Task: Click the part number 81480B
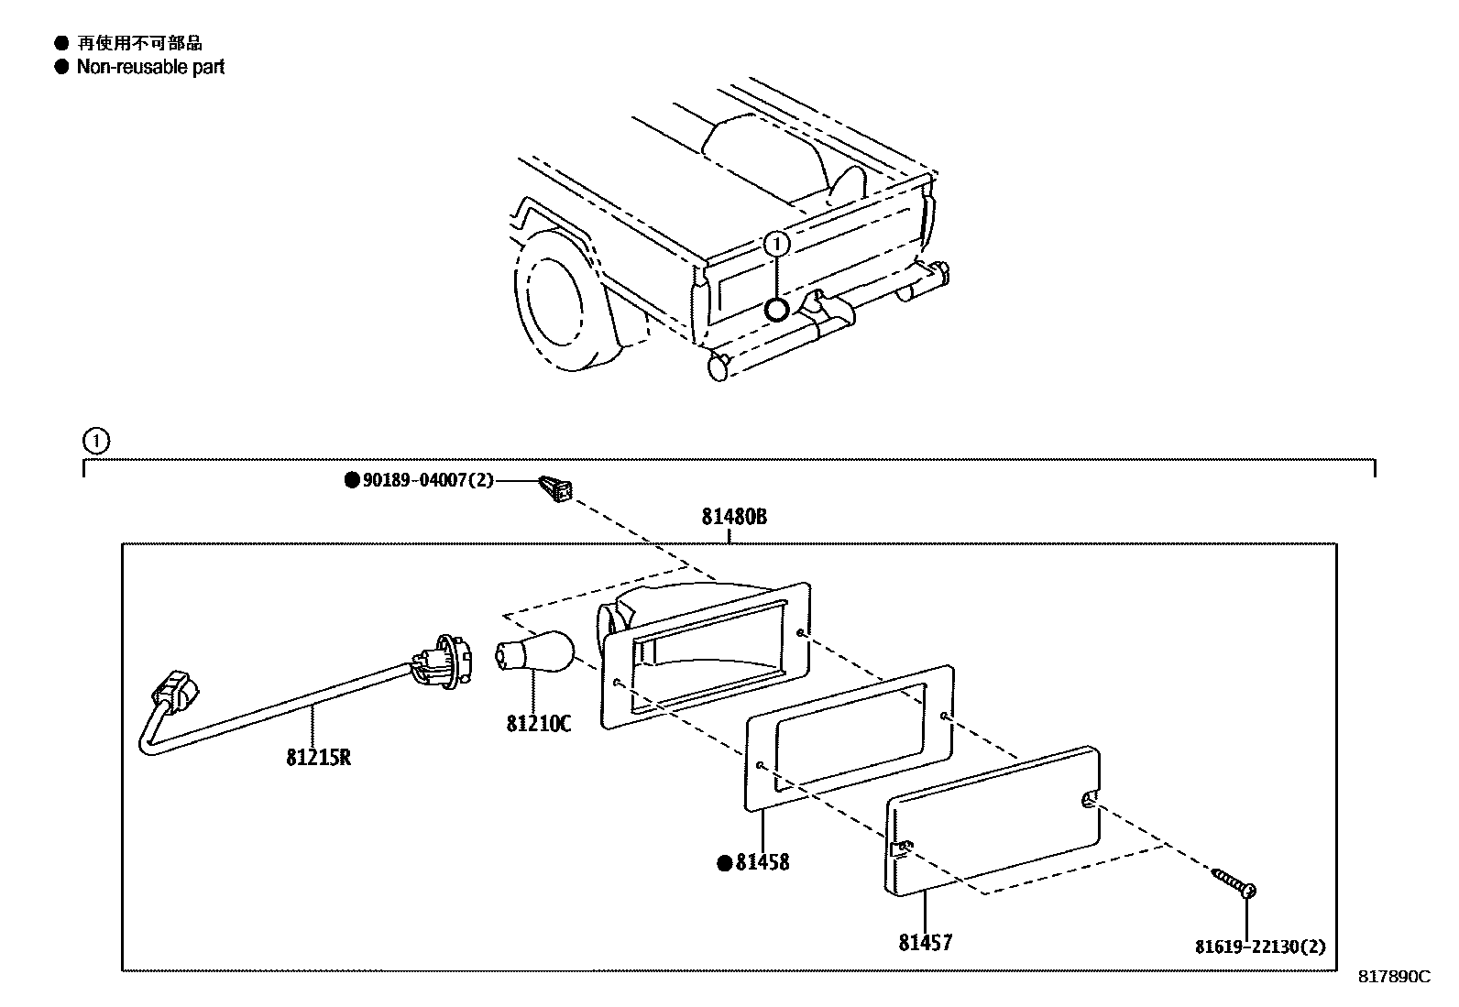734,517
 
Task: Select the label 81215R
318,758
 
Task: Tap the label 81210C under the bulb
538,724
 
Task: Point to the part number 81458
762,862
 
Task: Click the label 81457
925,942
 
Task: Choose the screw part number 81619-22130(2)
1259,947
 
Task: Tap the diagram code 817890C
1393,977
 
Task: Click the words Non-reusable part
150,67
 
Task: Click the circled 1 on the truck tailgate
776,244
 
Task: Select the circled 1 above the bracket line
96,441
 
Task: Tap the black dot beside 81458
723,862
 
